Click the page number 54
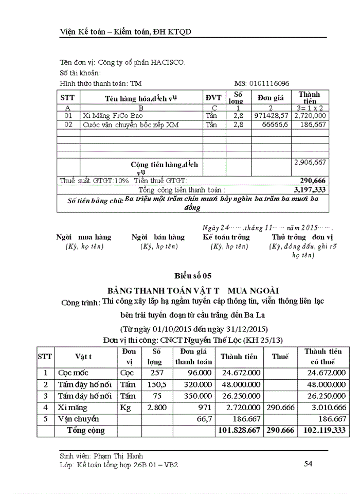[x=309, y=464]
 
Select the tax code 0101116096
[x=269, y=83]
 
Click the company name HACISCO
[x=168, y=62]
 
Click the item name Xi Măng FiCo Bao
[x=112, y=116]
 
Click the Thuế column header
[x=280, y=356]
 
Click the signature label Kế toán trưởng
[x=226, y=237]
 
